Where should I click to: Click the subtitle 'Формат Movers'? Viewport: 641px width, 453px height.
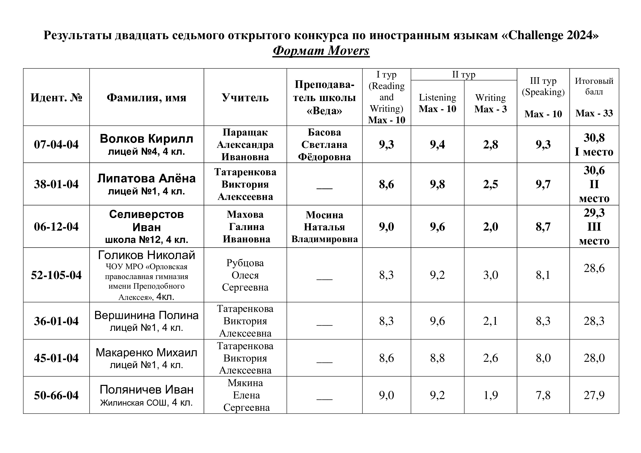point(321,51)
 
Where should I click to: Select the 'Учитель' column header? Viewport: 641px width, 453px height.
point(245,98)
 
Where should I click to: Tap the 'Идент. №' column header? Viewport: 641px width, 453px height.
point(56,98)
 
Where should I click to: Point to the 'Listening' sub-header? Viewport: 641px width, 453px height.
point(437,97)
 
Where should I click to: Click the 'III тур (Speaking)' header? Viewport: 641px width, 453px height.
point(543,87)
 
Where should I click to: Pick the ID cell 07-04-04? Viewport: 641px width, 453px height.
point(56,145)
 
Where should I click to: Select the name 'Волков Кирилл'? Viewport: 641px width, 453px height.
point(146,139)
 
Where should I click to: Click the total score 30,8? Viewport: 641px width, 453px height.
point(594,138)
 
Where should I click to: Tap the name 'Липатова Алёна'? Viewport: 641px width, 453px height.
point(146,179)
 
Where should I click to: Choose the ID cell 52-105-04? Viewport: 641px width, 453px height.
point(56,275)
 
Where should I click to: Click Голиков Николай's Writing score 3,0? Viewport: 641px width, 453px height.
point(491,275)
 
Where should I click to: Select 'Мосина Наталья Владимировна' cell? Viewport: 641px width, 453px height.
point(324,227)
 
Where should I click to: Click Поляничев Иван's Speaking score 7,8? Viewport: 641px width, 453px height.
point(543,395)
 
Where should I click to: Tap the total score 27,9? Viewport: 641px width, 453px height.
point(594,395)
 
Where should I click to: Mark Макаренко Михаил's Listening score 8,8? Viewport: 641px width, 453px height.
point(437,358)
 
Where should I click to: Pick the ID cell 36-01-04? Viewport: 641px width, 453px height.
point(56,321)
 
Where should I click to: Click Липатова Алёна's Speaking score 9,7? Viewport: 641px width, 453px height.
point(543,184)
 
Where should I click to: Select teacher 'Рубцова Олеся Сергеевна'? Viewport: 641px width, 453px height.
point(245,275)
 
